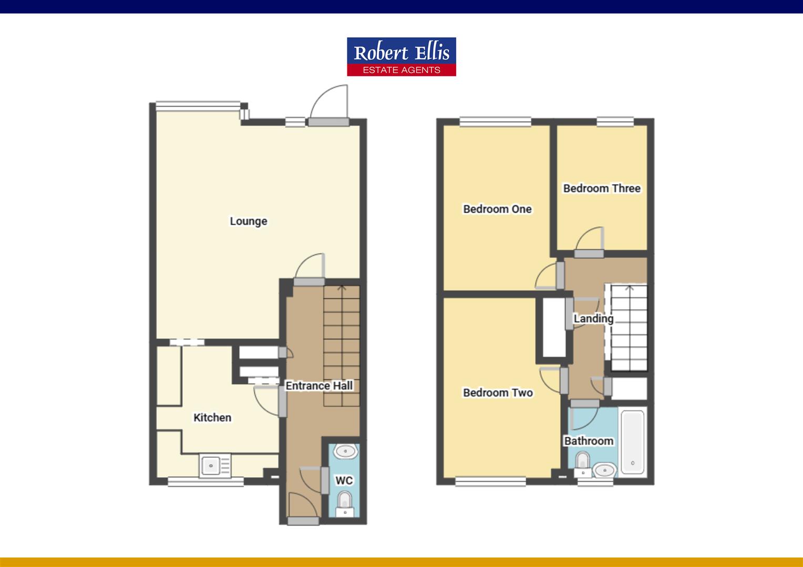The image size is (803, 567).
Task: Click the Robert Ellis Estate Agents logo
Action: coord(401,57)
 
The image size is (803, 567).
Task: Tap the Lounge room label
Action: coord(248,221)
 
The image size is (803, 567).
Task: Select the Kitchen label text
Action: coord(212,417)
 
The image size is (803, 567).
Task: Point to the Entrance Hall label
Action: coord(319,386)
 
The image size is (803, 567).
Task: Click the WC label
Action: coord(344,480)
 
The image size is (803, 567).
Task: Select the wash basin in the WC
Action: coord(345,451)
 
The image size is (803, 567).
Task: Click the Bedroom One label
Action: coord(497,209)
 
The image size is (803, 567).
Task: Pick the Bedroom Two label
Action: coord(498,393)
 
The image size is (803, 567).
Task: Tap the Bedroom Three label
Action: coord(602,188)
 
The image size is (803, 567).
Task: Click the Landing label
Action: coord(593,319)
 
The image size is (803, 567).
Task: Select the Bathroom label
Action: coord(589,441)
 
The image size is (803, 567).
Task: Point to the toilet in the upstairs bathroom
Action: coord(582,461)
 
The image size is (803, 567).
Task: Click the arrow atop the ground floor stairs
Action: coord(342,288)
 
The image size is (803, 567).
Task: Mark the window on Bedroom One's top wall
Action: coord(495,122)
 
